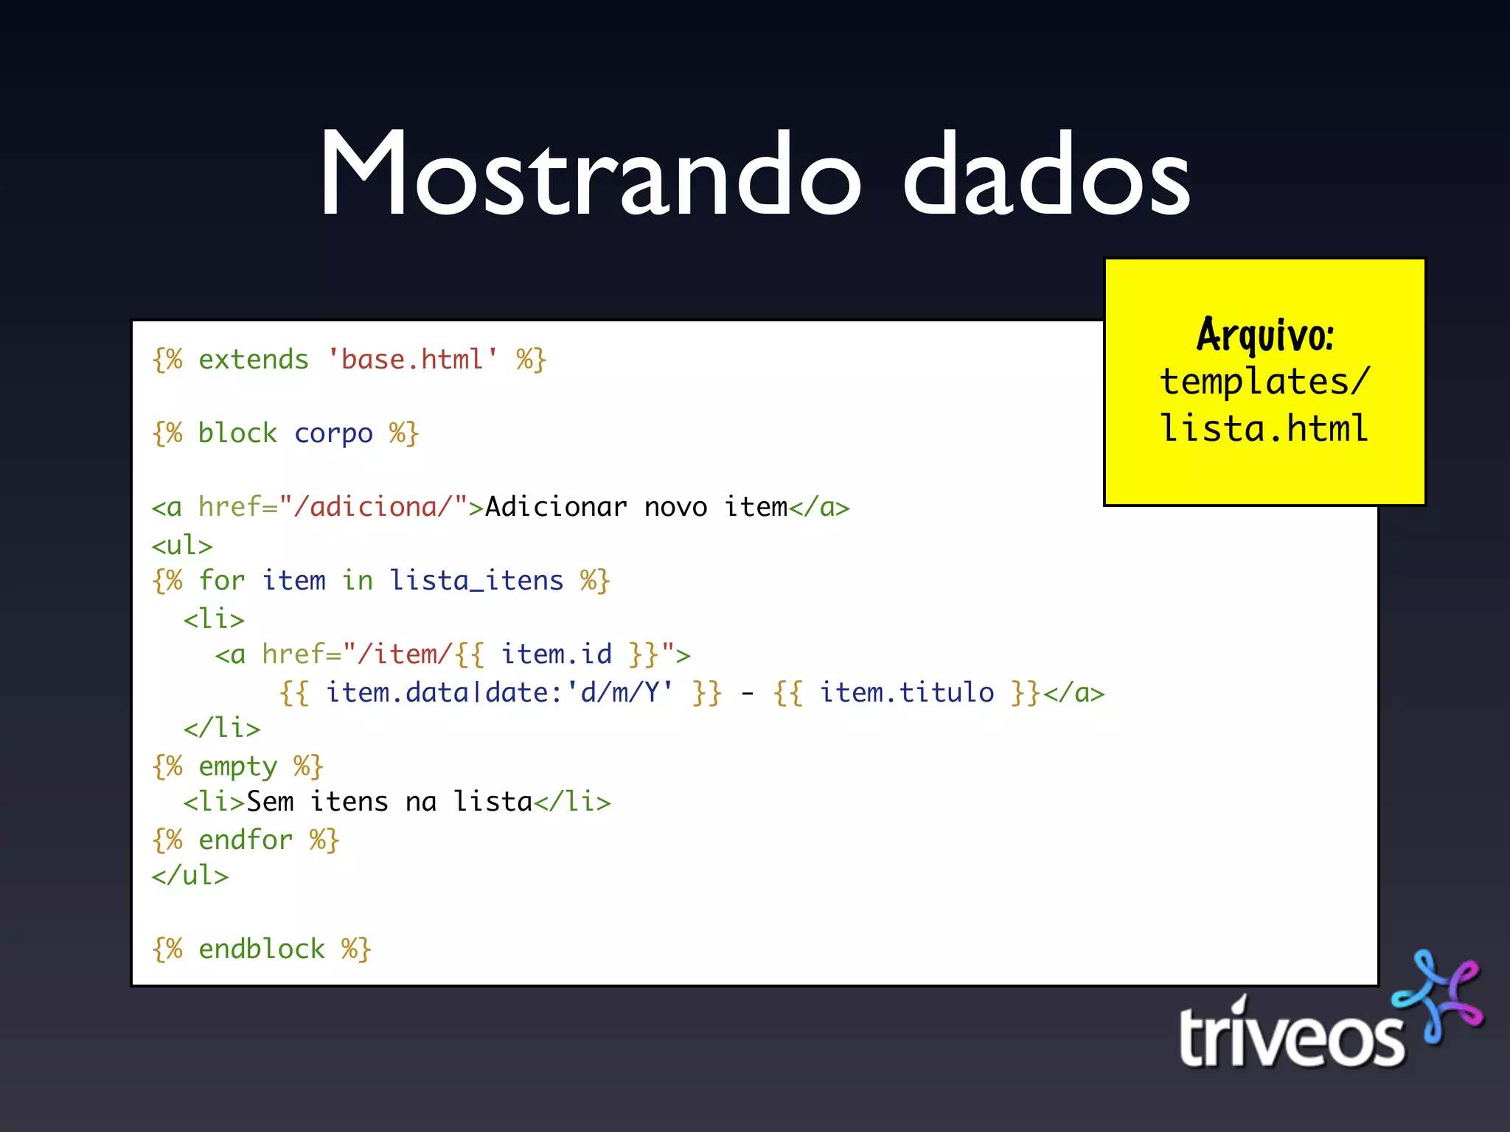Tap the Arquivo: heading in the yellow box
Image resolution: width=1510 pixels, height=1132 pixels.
(x=1264, y=335)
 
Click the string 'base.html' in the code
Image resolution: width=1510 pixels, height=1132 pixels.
(x=412, y=360)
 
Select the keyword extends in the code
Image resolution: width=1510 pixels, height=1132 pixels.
(x=253, y=360)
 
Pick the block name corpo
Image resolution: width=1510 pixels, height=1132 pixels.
(x=333, y=433)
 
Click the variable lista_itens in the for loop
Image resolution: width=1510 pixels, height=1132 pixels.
(x=476, y=581)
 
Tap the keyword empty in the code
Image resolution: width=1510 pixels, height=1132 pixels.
(x=237, y=766)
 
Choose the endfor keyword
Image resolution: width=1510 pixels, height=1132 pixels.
(x=246, y=840)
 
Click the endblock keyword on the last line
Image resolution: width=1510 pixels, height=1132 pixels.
(x=262, y=949)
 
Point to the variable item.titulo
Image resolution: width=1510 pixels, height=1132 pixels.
(x=907, y=693)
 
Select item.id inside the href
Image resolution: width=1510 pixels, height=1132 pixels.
(x=556, y=654)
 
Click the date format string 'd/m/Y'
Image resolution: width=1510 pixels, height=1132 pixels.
(x=627, y=693)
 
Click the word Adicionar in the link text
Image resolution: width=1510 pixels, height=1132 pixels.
(x=556, y=507)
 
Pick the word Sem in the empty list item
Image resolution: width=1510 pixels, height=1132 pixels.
(x=270, y=802)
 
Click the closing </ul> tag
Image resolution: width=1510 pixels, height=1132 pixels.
(x=190, y=876)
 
